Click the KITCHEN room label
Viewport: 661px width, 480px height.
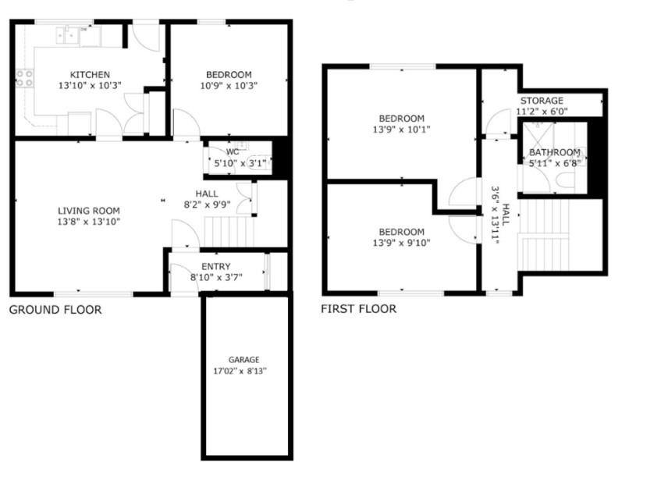pyautogui.click(x=90, y=75)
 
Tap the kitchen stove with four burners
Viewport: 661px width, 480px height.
pyautogui.click(x=24, y=78)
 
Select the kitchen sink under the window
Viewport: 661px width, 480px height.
pyautogui.click(x=67, y=34)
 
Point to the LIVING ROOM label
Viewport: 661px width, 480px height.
pyautogui.click(x=89, y=211)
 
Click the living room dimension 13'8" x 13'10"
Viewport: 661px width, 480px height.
pyautogui.click(x=89, y=222)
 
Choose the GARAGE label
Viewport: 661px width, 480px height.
pyautogui.click(x=243, y=360)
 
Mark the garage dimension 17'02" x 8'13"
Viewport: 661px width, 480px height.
pyautogui.click(x=240, y=372)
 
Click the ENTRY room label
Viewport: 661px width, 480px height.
pyautogui.click(x=216, y=267)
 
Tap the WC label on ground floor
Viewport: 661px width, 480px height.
pyautogui.click(x=233, y=151)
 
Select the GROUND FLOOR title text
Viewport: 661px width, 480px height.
pyautogui.click(x=55, y=310)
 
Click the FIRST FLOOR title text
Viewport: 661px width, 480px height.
pyautogui.click(x=359, y=309)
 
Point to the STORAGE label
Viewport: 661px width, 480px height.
pyautogui.click(x=542, y=101)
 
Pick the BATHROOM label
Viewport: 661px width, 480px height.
pyautogui.click(x=555, y=152)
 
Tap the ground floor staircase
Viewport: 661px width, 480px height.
pyautogui.click(x=229, y=232)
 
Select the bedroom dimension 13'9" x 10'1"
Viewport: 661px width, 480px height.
pyautogui.click(x=401, y=130)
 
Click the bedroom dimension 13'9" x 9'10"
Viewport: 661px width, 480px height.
pyautogui.click(x=401, y=243)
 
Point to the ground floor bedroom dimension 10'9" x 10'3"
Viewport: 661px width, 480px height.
pyautogui.click(x=229, y=86)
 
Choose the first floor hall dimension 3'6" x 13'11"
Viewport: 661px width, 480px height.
pyautogui.click(x=496, y=215)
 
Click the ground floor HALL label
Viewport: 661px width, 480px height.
pyautogui.click(x=207, y=194)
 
